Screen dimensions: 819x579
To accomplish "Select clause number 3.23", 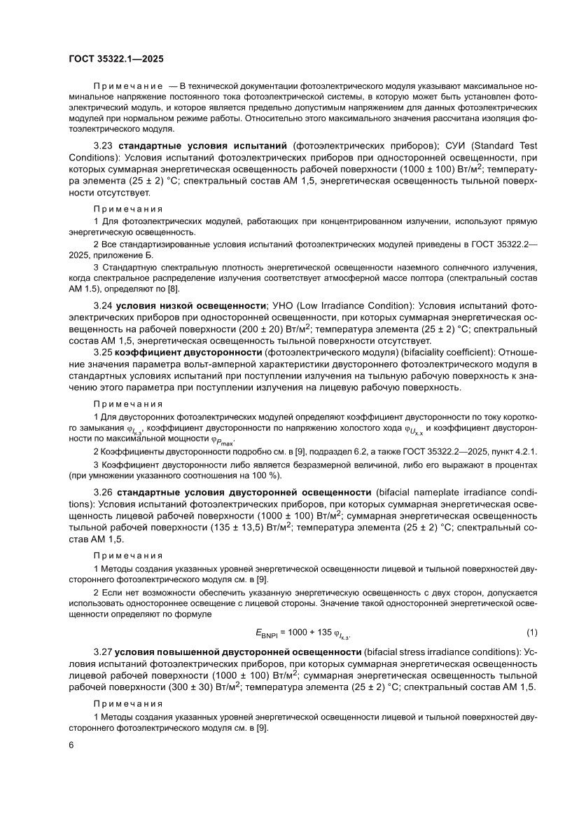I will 104,146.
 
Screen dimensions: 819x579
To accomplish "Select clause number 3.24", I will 104,305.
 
